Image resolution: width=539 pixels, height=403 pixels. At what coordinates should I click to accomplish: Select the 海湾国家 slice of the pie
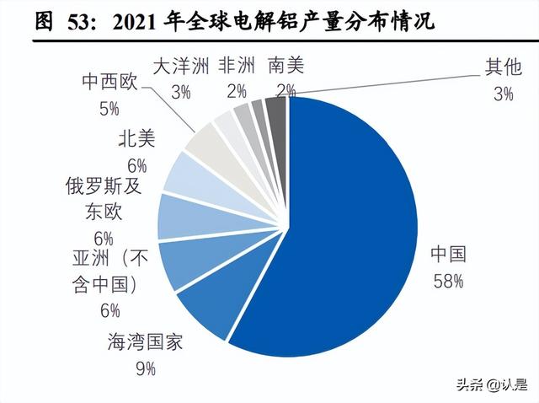click(207, 308)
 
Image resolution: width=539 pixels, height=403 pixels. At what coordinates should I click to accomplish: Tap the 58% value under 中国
click(447, 281)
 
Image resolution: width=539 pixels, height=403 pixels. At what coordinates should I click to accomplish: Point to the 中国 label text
click(447, 255)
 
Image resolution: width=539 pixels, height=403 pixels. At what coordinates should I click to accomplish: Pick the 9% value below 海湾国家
click(145, 368)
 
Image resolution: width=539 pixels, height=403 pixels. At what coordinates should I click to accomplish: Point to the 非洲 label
click(232, 66)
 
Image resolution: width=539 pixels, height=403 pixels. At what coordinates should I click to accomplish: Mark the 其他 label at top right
click(502, 66)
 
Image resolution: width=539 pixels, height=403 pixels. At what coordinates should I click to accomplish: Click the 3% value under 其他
click(503, 93)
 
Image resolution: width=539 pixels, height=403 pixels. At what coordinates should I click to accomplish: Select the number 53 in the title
click(73, 20)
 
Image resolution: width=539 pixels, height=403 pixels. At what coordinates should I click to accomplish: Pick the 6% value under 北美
click(133, 165)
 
